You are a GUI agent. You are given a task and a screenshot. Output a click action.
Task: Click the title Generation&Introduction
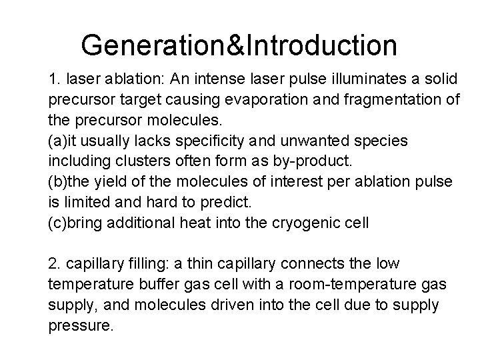[239, 45]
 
